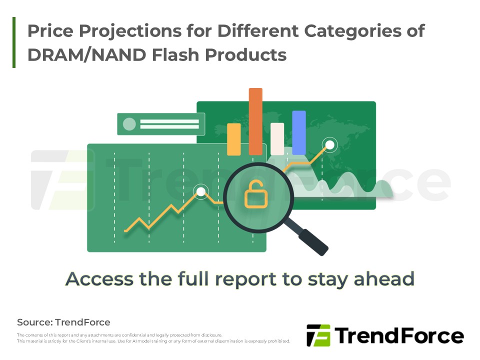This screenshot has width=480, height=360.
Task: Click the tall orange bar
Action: point(255,121)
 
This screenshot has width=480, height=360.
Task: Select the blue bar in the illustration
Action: point(299,133)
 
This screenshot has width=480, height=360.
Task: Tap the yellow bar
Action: point(234,139)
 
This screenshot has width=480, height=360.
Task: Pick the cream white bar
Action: point(277,139)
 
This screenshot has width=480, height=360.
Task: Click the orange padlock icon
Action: point(256,194)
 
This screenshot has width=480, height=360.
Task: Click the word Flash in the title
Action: point(175,55)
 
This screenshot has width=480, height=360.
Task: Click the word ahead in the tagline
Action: point(384,278)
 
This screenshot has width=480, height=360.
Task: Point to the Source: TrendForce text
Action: point(63,322)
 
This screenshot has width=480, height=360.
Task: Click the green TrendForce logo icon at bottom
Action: point(318,335)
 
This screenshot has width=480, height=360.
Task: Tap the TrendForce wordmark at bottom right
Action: point(399,335)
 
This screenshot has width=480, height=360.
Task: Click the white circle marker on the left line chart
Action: point(201,192)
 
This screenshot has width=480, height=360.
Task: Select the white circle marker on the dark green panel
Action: point(329,144)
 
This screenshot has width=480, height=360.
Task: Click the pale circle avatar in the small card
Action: point(129,124)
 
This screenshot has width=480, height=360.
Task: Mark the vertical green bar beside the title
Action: point(14,42)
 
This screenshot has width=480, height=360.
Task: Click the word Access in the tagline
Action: point(100,279)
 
